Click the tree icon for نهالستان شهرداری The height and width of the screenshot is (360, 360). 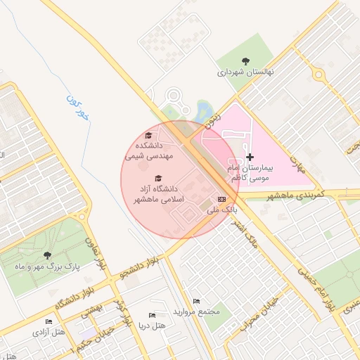point(245,61)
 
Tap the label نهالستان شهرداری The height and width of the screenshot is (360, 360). point(245,72)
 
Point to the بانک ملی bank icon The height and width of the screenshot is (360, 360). point(222,200)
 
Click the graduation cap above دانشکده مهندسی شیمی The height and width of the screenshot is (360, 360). point(148,136)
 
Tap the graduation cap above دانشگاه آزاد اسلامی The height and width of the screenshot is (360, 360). point(158,179)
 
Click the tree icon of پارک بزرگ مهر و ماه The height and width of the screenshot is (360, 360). point(47,255)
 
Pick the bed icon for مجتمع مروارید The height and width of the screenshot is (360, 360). point(196,301)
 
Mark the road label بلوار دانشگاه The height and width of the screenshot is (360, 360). point(74,299)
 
